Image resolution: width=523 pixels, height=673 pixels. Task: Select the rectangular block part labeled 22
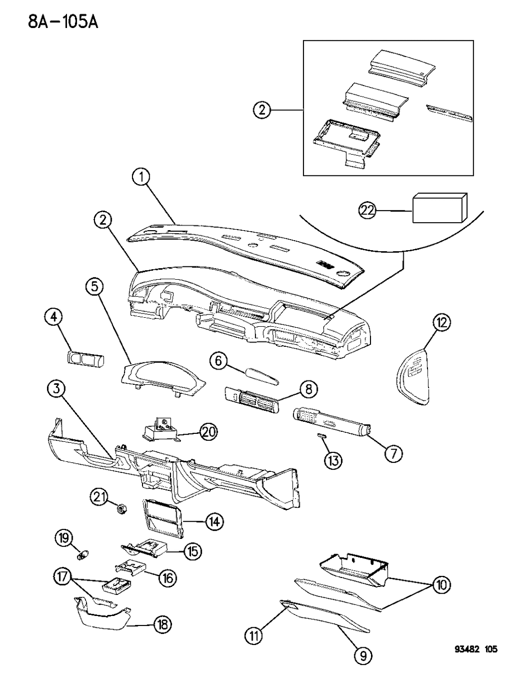[x=439, y=208]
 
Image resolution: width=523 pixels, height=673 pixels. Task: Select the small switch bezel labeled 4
[x=85, y=359]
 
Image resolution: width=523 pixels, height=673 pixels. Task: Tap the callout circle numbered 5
[x=94, y=287]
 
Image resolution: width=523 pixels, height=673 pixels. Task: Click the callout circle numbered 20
[x=209, y=431]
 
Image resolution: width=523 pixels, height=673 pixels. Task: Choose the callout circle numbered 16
[x=167, y=579]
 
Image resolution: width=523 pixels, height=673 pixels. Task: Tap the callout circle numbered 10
[x=441, y=584]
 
